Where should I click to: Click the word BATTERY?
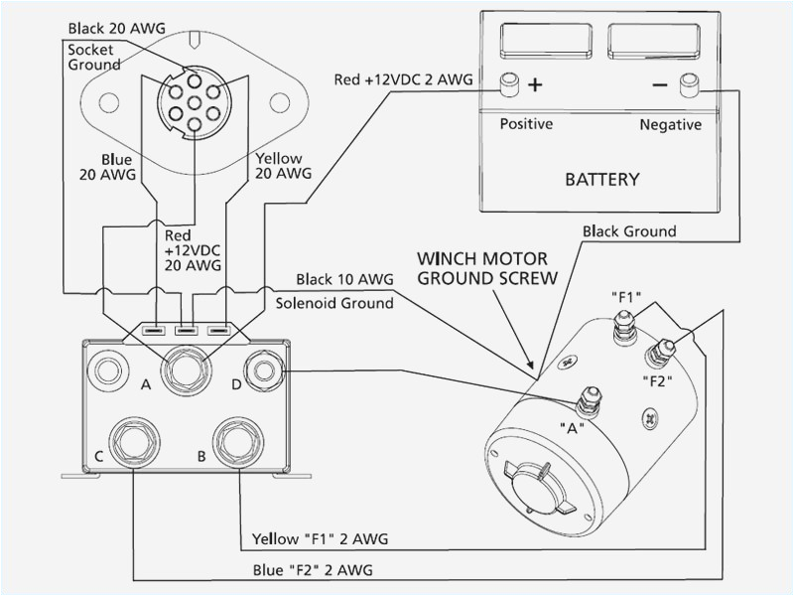pos(601,180)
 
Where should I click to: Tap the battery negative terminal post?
pos(686,86)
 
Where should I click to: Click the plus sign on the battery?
pos(536,84)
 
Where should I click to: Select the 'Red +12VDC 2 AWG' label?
pos(403,78)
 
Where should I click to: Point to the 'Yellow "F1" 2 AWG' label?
pos(318,539)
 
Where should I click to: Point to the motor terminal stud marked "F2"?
pos(660,350)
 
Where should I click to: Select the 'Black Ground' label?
pos(629,231)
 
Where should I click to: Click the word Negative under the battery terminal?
pos(671,125)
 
